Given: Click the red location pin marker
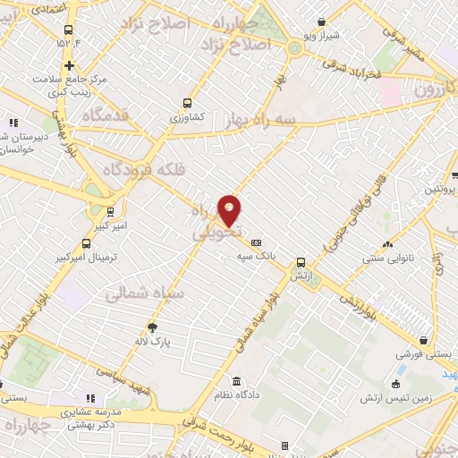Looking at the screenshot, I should [x=230, y=210].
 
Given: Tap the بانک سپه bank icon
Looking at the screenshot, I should [x=256, y=242].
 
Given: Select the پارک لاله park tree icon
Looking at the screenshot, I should [x=152, y=327].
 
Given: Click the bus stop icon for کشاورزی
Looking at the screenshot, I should [x=187, y=103].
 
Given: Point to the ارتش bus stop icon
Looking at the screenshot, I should [x=301, y=263].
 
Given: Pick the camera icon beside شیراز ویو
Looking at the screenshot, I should [x=321, y=24].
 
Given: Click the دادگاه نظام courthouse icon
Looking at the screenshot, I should [x=236, y=381].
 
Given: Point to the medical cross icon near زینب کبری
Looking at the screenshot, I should [x=70, y=65].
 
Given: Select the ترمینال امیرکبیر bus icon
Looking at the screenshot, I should [x=86, y=243].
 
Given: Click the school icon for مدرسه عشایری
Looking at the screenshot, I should [x=89, y=398].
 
